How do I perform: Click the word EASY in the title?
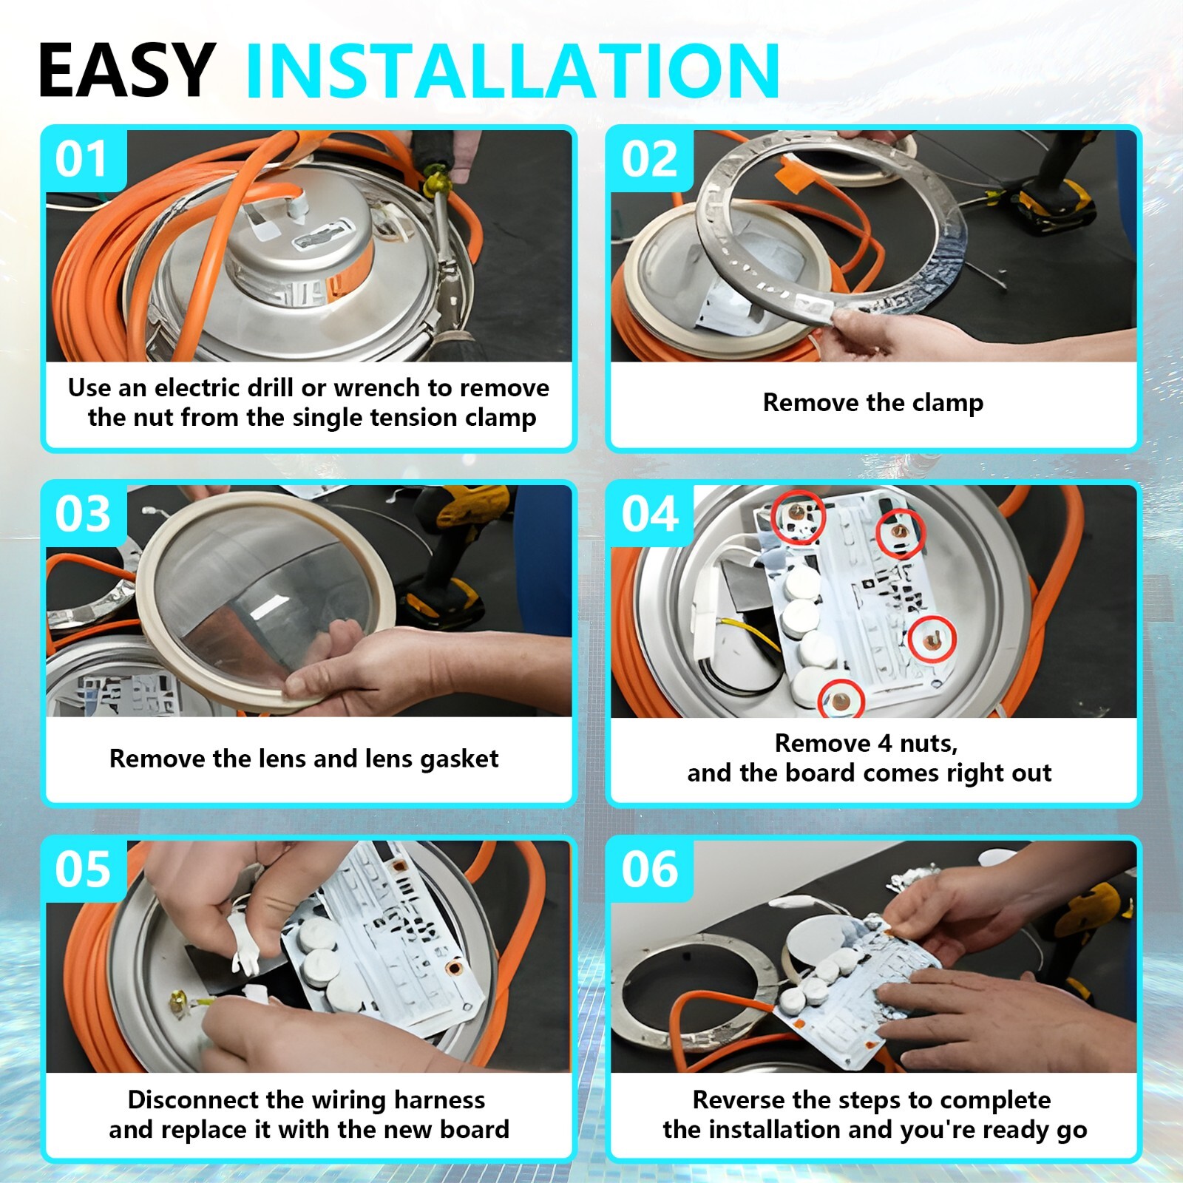pos(126,70)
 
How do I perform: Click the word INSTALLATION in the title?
pos(512,70)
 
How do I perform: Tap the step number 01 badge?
pos(82,160)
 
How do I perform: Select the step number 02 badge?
pos(650,160)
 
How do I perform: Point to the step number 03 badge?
pos(82,515)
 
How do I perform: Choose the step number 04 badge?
pos(650,515)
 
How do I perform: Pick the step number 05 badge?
pos(82,870)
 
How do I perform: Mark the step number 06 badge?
pos(650,870)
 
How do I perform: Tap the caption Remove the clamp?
pos(873,403)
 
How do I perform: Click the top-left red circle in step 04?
pos(798,518)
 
